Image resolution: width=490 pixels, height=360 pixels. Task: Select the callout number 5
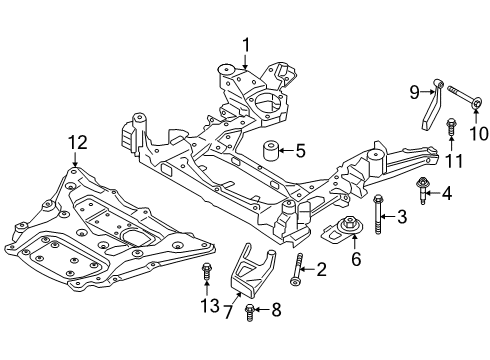click(x=299, y=151)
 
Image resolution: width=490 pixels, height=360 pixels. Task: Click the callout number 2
click(x=322, y=268)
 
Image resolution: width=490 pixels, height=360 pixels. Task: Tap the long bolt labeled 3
click(x=377, y=214)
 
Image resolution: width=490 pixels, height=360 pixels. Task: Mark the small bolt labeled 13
click(x=206, y=271)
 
